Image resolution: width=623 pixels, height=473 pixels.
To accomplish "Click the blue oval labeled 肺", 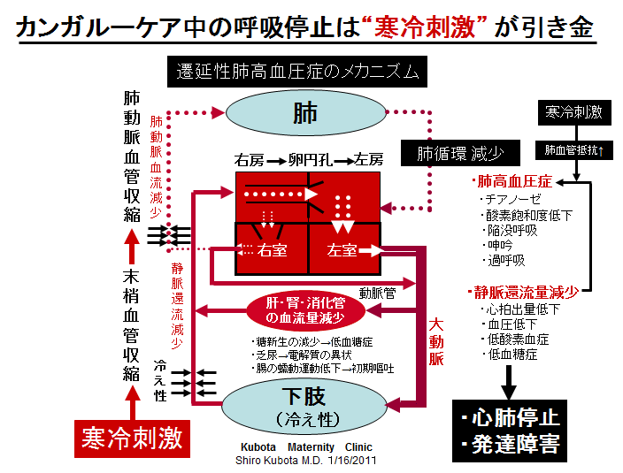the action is (305, 112).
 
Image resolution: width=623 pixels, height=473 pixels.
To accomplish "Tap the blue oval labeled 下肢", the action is (304, 407).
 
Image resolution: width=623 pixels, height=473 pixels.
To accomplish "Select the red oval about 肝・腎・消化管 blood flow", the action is (305, 310).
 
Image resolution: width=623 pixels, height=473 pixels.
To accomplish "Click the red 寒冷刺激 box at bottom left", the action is (132, 439).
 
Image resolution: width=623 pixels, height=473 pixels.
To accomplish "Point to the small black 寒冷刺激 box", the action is (574, 112).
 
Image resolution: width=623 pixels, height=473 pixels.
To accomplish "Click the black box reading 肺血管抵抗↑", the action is (574, 150).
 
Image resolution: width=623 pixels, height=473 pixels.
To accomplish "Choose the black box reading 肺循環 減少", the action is (460, 153).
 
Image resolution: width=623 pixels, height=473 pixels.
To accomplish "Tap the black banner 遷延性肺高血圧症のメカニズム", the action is (297, 72).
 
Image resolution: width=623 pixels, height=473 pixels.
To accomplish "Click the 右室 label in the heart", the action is (272, 250).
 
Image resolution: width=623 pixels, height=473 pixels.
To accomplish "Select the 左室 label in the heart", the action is (342, 250).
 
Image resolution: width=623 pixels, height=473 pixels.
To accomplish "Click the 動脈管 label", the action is (378, 294).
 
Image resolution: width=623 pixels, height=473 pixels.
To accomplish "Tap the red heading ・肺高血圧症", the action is (511, 181).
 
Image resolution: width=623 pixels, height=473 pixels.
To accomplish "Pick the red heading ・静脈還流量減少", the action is (523, 293).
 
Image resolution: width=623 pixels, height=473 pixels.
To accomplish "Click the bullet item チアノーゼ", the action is (511, 199).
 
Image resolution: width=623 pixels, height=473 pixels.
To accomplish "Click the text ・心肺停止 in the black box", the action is (511, 418).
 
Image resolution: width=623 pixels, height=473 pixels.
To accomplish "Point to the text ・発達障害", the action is (511, 445).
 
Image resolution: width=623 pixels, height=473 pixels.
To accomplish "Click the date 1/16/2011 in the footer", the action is (351, 461).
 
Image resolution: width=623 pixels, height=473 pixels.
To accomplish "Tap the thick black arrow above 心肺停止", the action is (509, 383).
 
